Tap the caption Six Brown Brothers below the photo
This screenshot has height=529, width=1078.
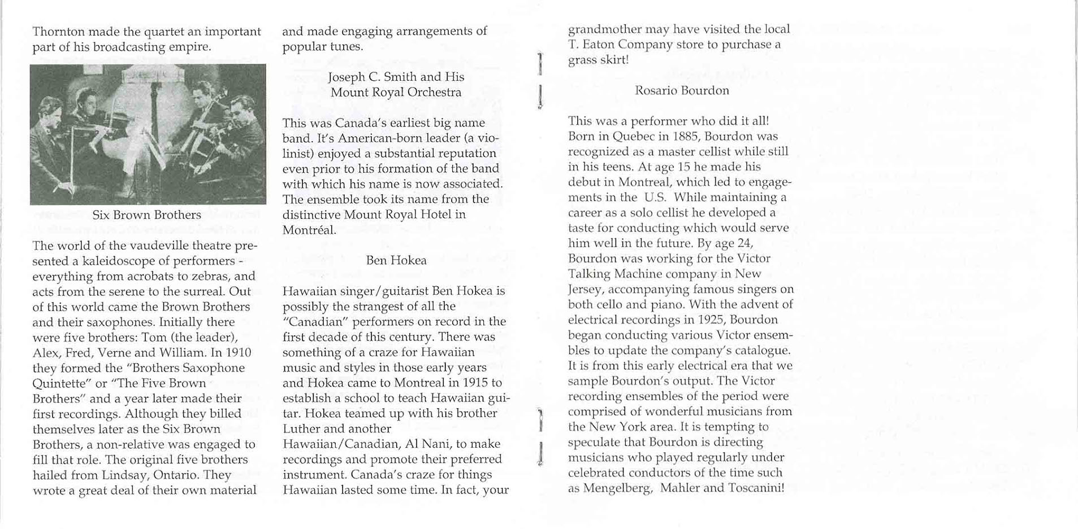146,215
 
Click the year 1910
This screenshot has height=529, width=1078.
238,353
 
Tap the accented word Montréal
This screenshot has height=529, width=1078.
309,230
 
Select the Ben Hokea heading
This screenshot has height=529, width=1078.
396,261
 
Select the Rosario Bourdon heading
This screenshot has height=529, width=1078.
682,91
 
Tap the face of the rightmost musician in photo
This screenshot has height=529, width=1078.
244,108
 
